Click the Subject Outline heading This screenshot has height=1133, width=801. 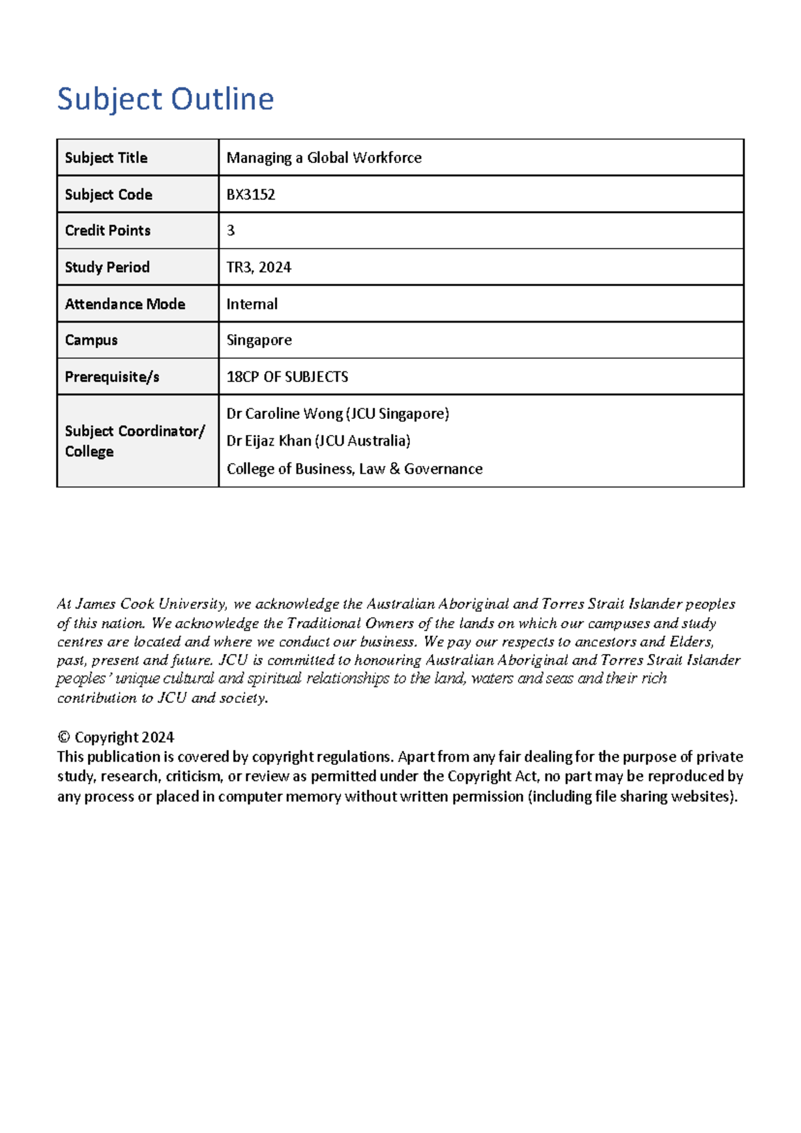pos(165,99)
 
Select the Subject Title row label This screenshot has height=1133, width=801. pos(105,158)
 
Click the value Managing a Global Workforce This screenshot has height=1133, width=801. pos(324,158)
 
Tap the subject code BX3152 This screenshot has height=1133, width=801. pos(250,194)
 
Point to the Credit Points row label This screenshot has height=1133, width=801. pos(107,230)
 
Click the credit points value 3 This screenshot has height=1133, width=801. pos(231,230)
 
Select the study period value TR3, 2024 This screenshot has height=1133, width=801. pos(258,267)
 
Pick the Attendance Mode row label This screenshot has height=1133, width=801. pos(125,304)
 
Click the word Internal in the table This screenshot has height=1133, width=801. pos(252,304)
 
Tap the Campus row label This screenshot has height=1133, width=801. pos(91,340)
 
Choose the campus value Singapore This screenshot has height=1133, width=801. pos(259,340)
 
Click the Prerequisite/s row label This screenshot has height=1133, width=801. pos(111,377)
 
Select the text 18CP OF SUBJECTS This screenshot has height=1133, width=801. pos(287,377)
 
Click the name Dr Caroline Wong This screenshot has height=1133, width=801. pos(294,414)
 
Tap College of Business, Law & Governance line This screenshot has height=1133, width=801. pos(354,469)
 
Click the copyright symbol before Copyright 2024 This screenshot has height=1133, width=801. pos(63,738)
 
